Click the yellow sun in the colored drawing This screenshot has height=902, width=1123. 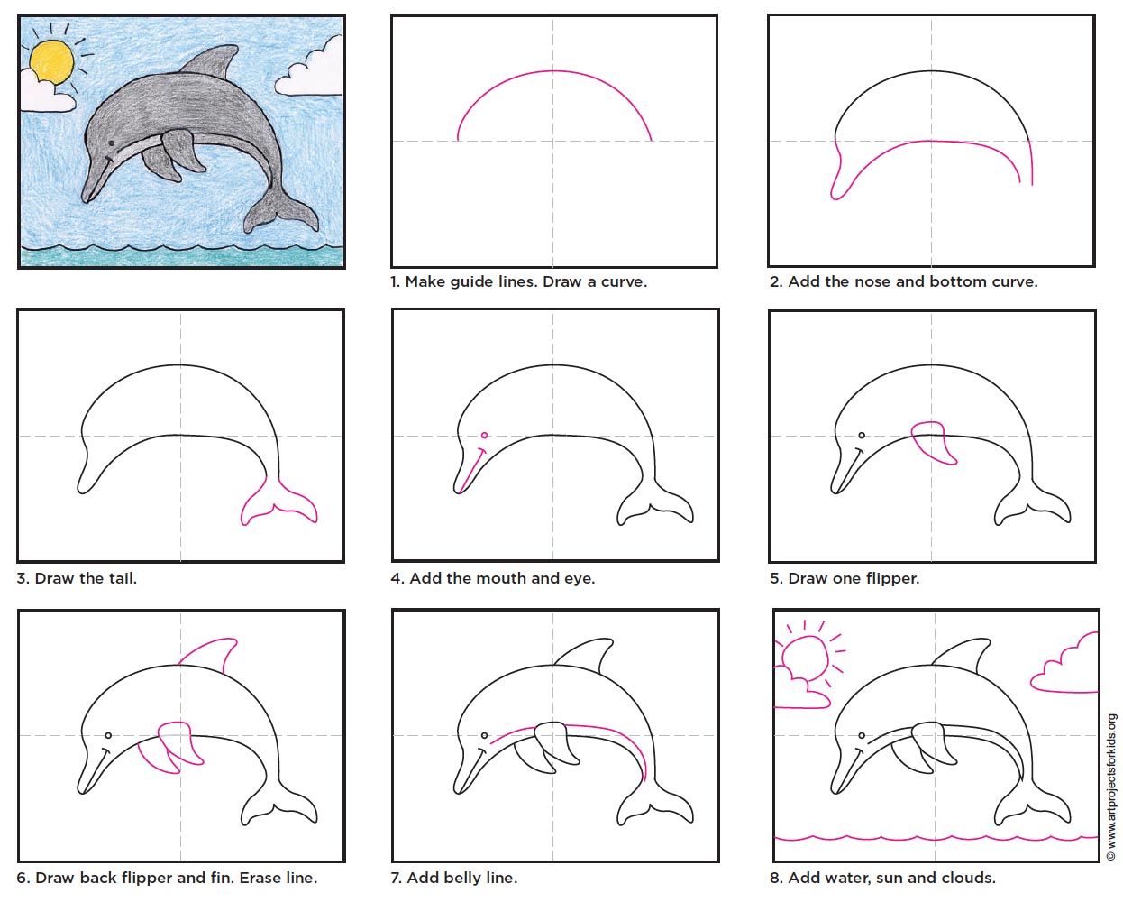51,62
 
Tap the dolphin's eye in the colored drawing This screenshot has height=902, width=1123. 111,143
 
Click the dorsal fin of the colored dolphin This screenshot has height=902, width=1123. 210,62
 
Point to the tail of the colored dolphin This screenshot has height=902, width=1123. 281,209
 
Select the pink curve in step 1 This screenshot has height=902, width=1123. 554,71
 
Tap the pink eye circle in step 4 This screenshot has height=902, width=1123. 484,435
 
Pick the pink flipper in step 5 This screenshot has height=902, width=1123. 934,442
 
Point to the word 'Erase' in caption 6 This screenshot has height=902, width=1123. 257,878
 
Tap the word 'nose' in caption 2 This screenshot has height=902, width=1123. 873,282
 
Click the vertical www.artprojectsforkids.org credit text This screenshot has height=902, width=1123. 1111,787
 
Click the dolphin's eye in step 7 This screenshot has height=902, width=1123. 484,735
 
